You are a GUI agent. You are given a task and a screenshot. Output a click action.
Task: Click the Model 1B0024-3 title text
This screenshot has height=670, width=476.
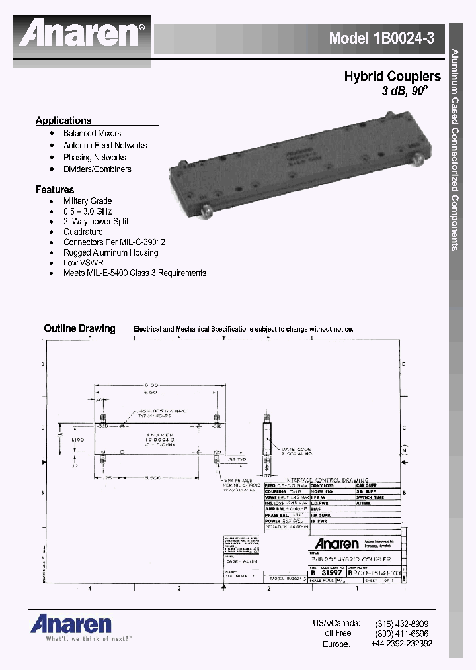(x=382, y=38)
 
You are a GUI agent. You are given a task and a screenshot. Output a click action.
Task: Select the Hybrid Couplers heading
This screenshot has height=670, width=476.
(x=392, y=77)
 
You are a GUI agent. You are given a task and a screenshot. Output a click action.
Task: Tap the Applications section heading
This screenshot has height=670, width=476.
(x=63, y=120)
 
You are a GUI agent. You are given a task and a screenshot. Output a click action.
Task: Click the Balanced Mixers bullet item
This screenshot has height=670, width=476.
(x=92, y=133)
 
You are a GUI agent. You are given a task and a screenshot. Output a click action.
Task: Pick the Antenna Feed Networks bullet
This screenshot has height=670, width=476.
(x=105, y=145)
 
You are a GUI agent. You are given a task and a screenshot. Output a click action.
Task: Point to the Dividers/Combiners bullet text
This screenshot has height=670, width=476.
(x=97, y=169)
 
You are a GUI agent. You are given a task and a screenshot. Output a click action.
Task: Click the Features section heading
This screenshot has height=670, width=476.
(x=55, y=189)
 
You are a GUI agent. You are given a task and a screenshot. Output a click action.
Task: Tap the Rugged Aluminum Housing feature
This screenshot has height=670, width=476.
(x=110, y=252)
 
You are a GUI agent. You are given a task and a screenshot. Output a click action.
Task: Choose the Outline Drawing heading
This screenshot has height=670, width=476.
(x=79, y=328)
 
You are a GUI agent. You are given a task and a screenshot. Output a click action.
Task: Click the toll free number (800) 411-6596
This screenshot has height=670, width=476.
(x=401, y=634)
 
